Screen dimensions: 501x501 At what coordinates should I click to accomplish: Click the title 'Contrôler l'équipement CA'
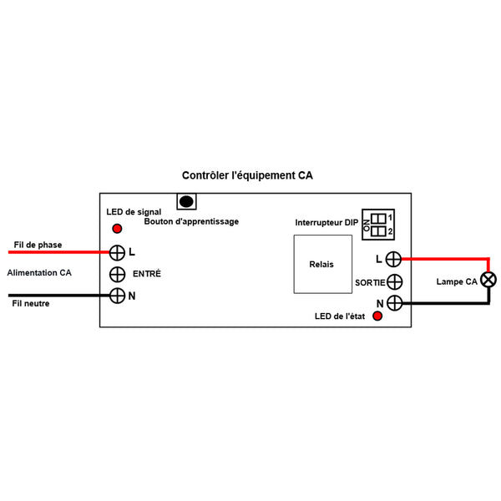tap(248, 176)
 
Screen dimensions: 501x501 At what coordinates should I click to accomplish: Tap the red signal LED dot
tap(117, 229)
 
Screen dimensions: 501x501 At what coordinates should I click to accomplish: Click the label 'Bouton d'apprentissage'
tap(191, 222)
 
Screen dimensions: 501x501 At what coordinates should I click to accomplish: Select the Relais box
tap(321, 264)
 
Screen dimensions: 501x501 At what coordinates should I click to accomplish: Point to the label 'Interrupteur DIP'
tap(326, 223)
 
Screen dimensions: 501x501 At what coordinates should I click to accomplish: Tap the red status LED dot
tap(377, 316)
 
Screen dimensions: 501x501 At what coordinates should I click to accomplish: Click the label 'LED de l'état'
tap(341, 316)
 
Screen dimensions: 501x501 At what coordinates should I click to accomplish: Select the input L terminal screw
tap(118, 251)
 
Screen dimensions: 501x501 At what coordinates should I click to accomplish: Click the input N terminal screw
tap(118, 296)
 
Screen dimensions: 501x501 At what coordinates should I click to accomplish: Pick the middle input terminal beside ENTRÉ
tap(118, 274)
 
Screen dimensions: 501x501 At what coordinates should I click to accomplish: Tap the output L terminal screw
tap(395, 259)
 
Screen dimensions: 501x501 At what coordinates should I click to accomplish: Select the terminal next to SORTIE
tap(395, 282)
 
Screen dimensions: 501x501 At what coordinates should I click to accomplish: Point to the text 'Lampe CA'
tap(456, 281)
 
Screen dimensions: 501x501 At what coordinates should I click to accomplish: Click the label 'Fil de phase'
tap(37, 245)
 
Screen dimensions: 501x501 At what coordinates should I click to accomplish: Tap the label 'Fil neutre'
tap(31, 304)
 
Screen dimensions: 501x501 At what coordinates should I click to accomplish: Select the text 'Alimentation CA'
tap(39, 273)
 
